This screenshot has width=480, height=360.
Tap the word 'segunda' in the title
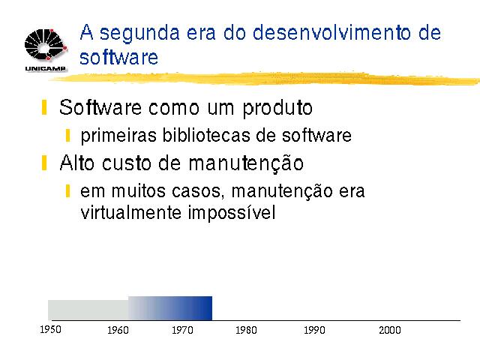pos(139,34)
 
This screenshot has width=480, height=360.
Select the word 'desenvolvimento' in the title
pos(331,32)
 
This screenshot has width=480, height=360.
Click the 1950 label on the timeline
pos(50,329)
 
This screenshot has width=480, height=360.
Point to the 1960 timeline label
pos(118,330)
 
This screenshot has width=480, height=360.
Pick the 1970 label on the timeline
pos(182,330)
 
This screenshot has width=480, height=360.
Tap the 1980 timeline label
pos(246,330)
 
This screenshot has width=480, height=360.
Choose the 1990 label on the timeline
pos(314,330)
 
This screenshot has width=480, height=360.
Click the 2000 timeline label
pos(390,330)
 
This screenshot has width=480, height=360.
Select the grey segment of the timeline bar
pos(88,310)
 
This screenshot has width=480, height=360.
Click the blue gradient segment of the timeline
pos(170,308)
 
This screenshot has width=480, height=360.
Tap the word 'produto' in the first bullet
pos(277,108)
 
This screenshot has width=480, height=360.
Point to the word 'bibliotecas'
pos(206,135)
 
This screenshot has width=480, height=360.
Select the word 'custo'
pos(127,163)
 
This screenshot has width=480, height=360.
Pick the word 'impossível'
pos(232,213)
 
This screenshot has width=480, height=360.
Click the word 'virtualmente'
pos(130,212)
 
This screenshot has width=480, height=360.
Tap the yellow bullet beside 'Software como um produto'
pos(44,106)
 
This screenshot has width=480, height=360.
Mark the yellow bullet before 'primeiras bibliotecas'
pos(67,135)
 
